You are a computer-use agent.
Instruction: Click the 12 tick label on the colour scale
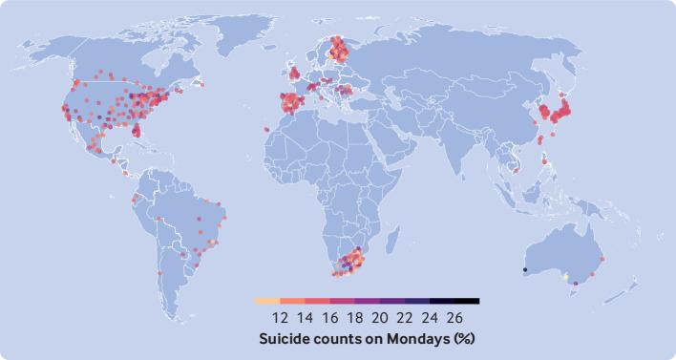(x=281, y=317)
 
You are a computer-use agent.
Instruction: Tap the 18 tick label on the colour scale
(x=354, y=317)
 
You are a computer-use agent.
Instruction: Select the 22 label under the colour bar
(x=405, y=317)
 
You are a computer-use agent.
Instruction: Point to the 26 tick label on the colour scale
(x=454, y=317)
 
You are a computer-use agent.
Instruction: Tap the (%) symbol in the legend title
(x=464, y=338)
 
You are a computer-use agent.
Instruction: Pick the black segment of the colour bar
(x=467, y=301)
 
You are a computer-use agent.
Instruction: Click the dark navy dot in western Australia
(x=525, y=270)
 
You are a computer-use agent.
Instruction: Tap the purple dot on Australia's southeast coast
(x=576, y=284)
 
